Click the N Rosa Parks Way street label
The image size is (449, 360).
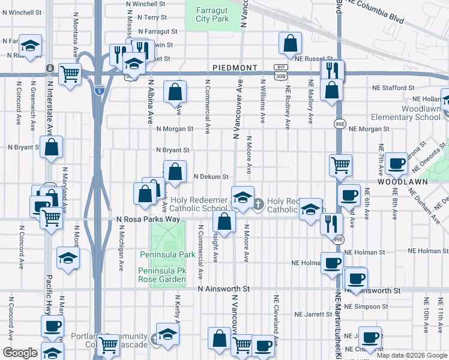coord(148,220)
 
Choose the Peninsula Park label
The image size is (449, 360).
coord(167,254)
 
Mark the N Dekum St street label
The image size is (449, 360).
coord(211,177)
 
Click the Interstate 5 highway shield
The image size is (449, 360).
coord(98,91)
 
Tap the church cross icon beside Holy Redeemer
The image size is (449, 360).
coord(258,205)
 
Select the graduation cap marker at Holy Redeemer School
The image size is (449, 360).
coord(243,198)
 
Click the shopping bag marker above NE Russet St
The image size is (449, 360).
coord(290,43)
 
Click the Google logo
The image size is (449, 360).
coord(20,353)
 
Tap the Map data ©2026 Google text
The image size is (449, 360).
coord(412,355)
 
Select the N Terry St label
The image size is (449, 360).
coord(159,17)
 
